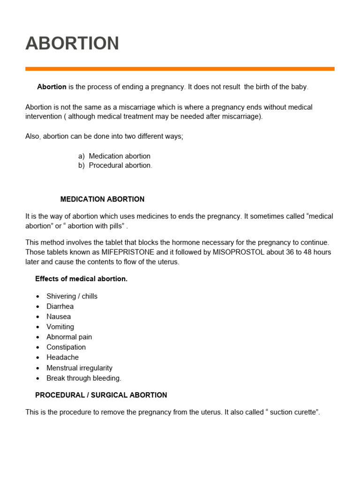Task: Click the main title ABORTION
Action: pyautogui.click(x=72, y=44)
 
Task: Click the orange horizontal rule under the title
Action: pyautogui.click(x=180, y=69)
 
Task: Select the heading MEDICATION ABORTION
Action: pyautogui.click(x=102, y=199)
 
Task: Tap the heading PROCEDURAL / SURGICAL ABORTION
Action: pyautogui.click(x=101, y=395)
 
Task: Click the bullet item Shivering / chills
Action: pyautogui.click(x=72, y=296)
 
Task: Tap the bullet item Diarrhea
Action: pyautogui.click(x=60, y=307)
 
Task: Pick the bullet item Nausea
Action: pyautogui.click(x=59, y=317)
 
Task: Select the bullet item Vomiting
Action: pyautogui.click(x=60, y=327)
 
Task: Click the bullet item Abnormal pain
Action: pyautogui.click(x=69, y=337)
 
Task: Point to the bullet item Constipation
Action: pyautogui.click(x=66, y=347)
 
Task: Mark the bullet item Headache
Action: pyautogui.click(x=62, y=357)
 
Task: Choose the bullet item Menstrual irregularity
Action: pyautogui.click(x=79, y=368)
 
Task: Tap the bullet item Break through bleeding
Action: pyautogui.click(x=83, y=378)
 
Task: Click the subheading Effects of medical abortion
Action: pyautogui.click(x=81, y=279)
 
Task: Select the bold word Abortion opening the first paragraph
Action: pyautogui.click(x=52, y=87)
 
